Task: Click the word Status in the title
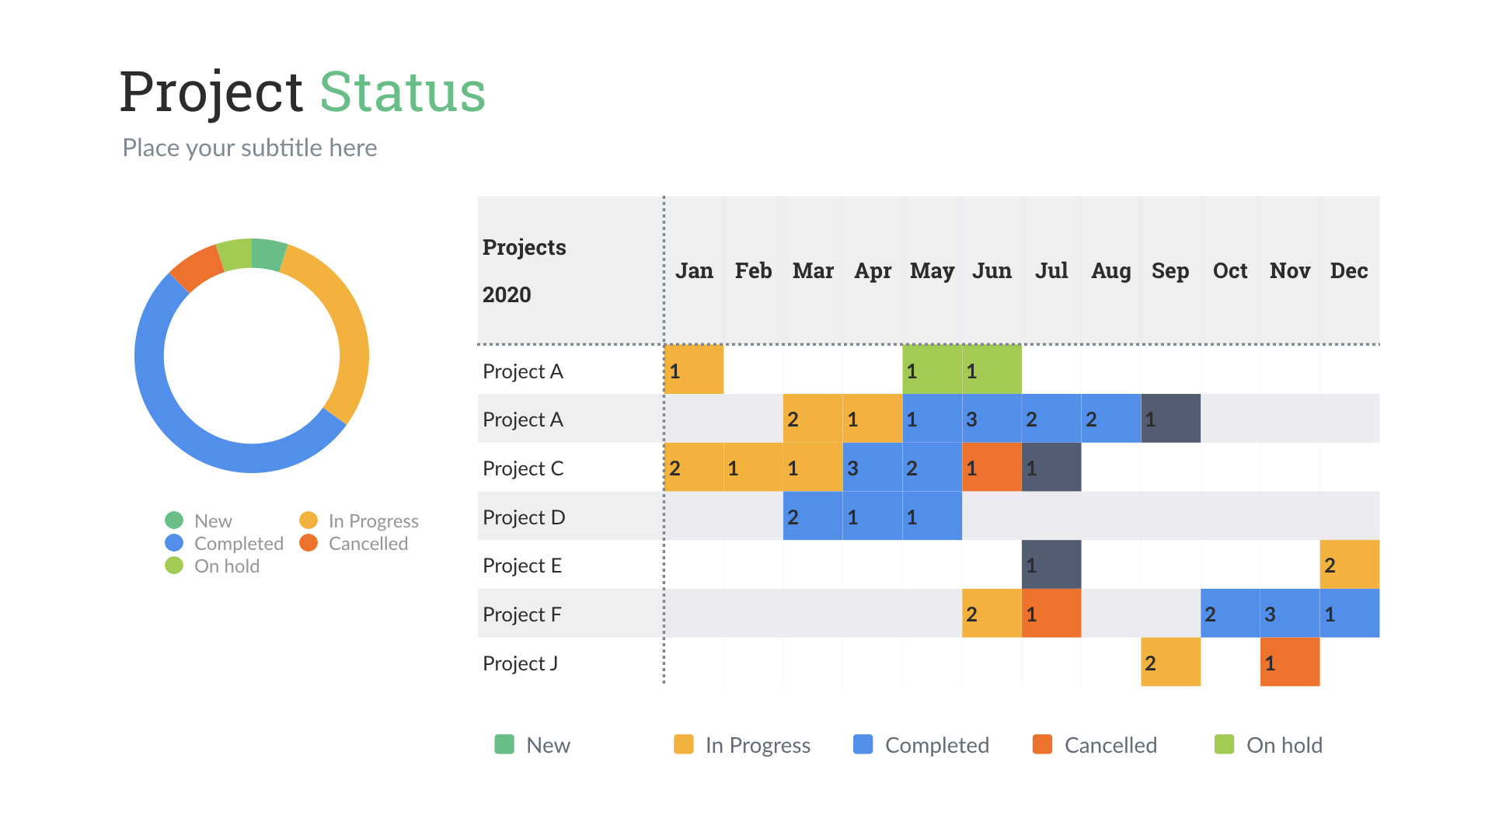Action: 403,92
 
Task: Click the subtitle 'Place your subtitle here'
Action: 249,148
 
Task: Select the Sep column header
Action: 1170,270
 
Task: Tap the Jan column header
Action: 693,270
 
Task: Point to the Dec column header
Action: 1348,270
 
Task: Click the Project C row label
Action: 523,468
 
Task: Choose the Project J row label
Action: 520,663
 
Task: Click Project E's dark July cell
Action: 1051,565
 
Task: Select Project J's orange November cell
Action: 1289,662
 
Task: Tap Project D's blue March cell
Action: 812,517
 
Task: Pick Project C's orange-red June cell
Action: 991,468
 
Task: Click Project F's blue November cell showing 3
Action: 1289,614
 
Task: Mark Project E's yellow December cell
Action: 1349,565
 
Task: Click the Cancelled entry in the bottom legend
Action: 1110,745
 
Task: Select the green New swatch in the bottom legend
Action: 504,744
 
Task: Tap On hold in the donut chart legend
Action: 226,566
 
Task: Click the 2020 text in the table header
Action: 507,295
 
